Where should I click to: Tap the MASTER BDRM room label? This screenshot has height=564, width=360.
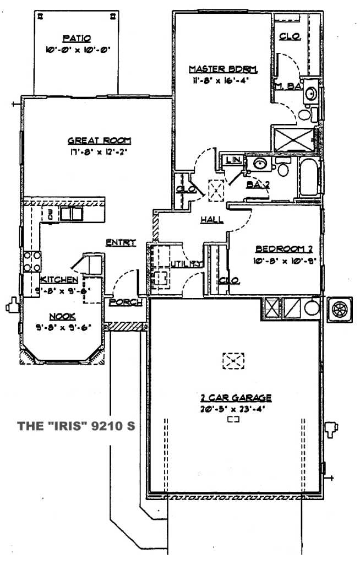click(223, 69)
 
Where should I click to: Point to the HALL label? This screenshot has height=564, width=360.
click(211, 219)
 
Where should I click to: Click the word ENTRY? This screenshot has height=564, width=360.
click(121, 242)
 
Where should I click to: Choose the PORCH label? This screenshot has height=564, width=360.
click(126, 302)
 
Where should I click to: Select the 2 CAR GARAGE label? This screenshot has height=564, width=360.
click(236, 398)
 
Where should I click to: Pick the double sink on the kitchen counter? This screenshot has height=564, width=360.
click(70, 213)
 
